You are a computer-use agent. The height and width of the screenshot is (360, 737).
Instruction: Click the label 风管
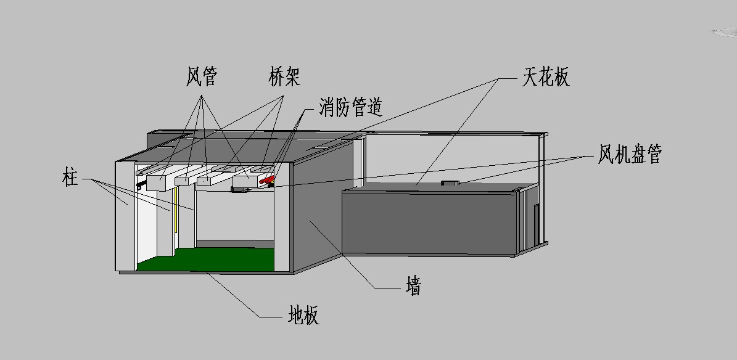pyautogui.click(x=202, y=76)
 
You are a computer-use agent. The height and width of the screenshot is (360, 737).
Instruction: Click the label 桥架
pyautogui.click(x=284, y=76)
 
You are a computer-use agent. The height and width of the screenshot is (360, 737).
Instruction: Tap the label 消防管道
pyautogui.click(x=351, y=107)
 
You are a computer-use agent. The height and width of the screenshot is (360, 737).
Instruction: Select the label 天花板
pyautogui.click(x=546, y=76)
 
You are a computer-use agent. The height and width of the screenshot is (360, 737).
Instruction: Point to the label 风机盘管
pyautogui.click(x=629, y=153)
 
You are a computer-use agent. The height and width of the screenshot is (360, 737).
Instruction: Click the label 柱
pyautogui.click(x=70, y=179)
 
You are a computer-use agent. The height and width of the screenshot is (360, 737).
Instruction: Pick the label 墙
pyautogui.click(x=413, y=285)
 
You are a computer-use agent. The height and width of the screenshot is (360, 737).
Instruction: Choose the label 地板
pyautogui.click(x=303, y=315)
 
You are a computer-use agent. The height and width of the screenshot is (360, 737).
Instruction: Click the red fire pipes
pyautogui.click(x=266, y=179)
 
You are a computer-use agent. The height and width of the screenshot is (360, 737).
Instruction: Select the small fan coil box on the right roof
pyautogui.click(x=450, y=183)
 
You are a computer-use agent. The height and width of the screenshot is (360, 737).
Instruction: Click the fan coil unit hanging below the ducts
pyautogui.click(x=240, y=189)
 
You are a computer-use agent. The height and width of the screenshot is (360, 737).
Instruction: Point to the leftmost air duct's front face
pyautogui.click(x=158, y=183)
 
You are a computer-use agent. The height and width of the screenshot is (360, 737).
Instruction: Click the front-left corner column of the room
pyautogui.click(x=125, y=216)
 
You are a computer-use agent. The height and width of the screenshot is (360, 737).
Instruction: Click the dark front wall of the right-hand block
pyautogui.click(x=429, y=223)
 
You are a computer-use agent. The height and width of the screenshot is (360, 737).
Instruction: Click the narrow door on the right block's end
pyautogui.click(x=537, y=224)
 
